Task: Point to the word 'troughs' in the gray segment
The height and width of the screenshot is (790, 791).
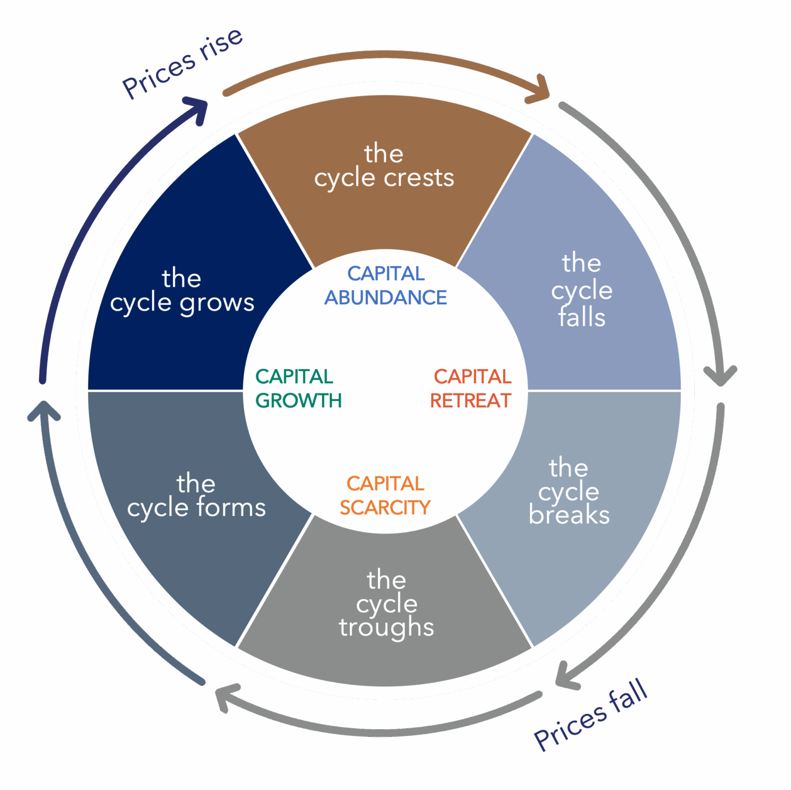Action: pos(386,628)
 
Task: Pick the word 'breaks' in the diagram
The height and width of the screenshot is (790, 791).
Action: pos(569,516)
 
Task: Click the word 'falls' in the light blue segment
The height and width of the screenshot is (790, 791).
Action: pos(582,317)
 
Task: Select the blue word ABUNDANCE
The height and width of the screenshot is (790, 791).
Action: pos(385,298)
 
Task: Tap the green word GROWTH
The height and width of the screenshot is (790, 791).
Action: pos(298,401)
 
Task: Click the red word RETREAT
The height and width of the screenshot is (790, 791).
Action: pos(470,401)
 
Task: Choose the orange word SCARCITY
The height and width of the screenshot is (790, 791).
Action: pos(385,508)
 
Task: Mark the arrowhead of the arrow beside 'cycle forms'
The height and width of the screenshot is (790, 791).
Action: pos(43,409)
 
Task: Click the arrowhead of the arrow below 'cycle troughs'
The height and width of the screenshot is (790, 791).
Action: pos(226,695)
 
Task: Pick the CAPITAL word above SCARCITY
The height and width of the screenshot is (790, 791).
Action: pos(385,484)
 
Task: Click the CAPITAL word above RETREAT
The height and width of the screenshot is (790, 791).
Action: pos(472,376)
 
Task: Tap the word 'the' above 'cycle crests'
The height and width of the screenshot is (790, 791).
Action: pos(384,153)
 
